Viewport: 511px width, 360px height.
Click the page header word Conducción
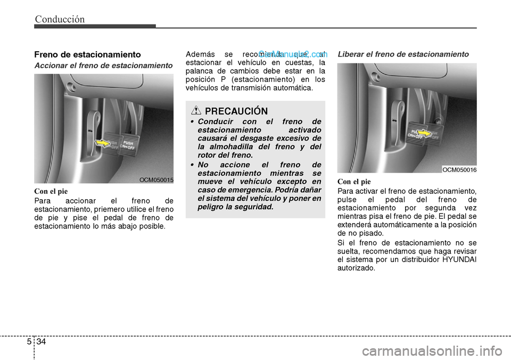coord(60,19)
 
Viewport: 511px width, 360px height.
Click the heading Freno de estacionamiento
coord(87,54)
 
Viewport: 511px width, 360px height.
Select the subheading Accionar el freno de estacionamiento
coord(103,65)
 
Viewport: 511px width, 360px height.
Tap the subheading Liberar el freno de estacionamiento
coord(403,54)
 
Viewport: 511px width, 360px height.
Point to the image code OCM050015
coord(156,180)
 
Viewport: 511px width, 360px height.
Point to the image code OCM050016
coord(459,169)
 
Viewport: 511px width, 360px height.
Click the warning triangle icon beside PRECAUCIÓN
coord(196,111)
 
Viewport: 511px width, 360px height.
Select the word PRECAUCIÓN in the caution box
coord(236,111)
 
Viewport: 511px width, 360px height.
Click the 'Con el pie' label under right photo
coord(354,182)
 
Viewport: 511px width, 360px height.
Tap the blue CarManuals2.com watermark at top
coord(293,54)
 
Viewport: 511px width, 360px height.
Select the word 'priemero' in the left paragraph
coord(98,209)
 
